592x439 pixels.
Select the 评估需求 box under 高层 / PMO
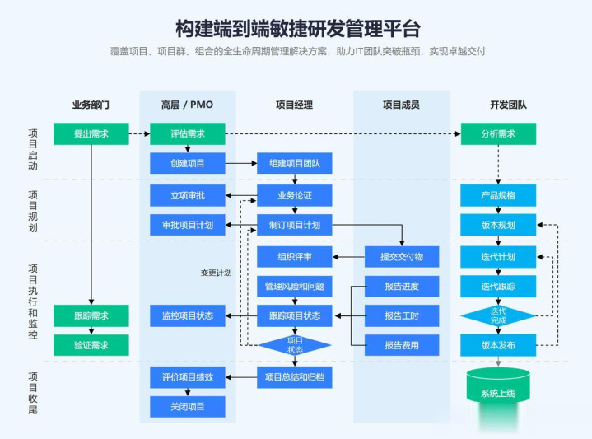tap(187, 133)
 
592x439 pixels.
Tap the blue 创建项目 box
tap(187, 163)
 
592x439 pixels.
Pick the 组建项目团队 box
tap(294, 163)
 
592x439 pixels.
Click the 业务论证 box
tap(294, 195)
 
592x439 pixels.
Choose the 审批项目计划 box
tap(187, 225)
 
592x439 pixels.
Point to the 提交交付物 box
tap(402, 257)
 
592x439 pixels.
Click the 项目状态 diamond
tap(295, 345)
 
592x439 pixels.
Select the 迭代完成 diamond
tap(498, 315)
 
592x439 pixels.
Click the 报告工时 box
tap(402, 315)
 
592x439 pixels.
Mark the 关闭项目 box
tap(187, 406)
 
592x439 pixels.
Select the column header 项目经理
tap(294, 105)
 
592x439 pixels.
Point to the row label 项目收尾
tap(33, 392)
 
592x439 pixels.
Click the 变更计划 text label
tap(216, 273)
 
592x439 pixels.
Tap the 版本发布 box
tap(498, 345)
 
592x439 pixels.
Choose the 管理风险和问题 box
tap(294, 287)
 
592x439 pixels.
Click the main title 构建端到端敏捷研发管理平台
tap(297, 30)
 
